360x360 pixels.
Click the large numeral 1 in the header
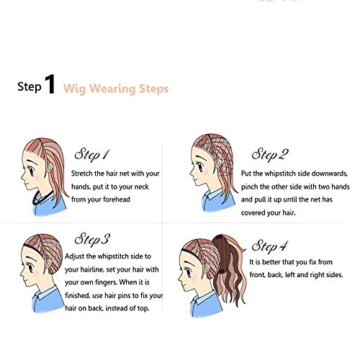pos(50,84)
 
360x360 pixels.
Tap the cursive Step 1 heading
pos(92,154)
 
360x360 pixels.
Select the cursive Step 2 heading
pos(270,154)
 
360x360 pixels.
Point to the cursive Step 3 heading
pos(92,239)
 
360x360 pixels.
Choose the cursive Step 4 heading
pos(269,246)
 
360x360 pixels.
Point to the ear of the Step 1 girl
pos(50,167)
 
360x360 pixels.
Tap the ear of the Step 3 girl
pos(49,264)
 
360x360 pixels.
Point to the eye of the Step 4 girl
pos(189,272)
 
